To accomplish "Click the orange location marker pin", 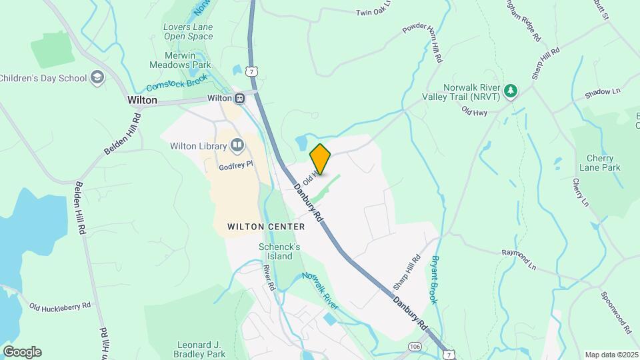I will pyautogui.click(x=321, y=159).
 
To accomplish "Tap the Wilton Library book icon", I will pyautogui.click(x=237, y=145).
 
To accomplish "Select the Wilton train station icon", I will pyautogui.click(x=239, y=98).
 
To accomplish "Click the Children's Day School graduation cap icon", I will pyautogui.click(x=98, y=77).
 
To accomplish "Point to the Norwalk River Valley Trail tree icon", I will pyautogui.click(x=511, y=90).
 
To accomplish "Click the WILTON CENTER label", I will pyautogui.click(x=266, y=227).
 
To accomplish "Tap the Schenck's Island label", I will pyautogui.click(x=275, y=251).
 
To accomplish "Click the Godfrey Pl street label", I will pyautogui.click(x=237, y=165).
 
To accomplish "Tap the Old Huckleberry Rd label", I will pyautogui.click(x=60, y=306).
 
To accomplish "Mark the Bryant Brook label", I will pyautogui.click(x=434, y=280).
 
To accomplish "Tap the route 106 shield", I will pyautogui.click(x=415, y=347).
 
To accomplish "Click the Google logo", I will pyautogui.click(x=22, y=351).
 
